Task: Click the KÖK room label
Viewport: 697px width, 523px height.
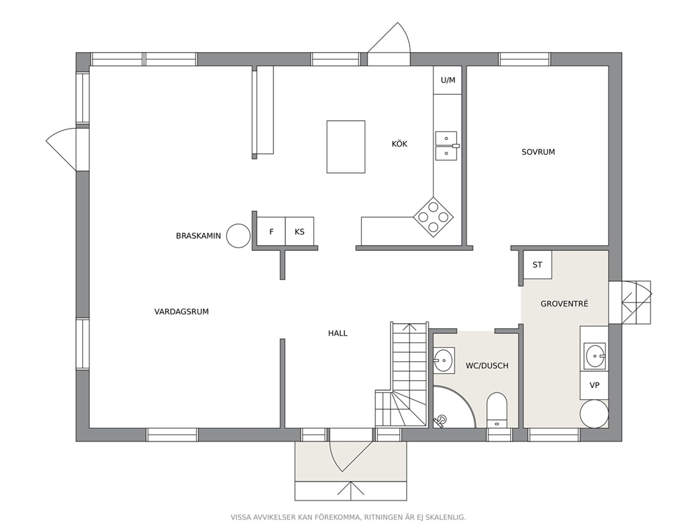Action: tap(399, 143)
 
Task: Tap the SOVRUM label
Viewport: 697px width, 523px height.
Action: tap(538, 152)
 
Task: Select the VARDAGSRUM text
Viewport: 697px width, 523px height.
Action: tap(181, 311)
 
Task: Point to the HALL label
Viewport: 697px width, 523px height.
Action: tap(338, 333)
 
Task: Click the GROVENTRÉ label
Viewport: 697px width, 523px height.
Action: tap(564, 304)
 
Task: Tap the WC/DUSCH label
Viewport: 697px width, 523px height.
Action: tap(487, 366)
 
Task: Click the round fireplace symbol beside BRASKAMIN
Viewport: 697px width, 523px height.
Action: tap(238, 235)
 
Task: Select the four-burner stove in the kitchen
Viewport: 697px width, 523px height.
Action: tap(434, 217)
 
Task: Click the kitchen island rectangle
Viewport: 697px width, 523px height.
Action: tap(346, 147)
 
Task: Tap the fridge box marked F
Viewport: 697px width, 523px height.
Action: tap(271, 231)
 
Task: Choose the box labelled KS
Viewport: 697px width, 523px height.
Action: tap(299, 231)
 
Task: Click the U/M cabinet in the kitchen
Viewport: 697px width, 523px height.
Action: tap(448, 80)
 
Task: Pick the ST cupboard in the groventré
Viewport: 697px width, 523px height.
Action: tap(538, 264)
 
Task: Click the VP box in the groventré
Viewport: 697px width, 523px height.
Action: tap(594, 385)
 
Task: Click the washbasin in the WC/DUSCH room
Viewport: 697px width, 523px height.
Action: tap(443, 359)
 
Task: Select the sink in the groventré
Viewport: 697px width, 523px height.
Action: tap(594, 356)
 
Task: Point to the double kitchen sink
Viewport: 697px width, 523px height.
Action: tap(446, 146)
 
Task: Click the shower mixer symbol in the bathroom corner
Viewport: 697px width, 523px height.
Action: tap(441, 420)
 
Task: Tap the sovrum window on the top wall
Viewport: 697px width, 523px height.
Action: tap(525, 59)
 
